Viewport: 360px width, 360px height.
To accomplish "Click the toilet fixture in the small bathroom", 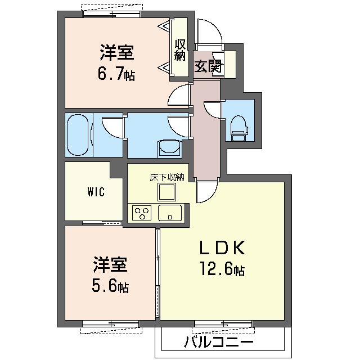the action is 239,128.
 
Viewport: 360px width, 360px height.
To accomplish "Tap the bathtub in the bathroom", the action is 78,135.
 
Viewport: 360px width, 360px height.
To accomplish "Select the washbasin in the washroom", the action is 169,148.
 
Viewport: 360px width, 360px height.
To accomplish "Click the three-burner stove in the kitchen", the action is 142,213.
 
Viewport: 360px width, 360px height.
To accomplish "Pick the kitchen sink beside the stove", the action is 170,213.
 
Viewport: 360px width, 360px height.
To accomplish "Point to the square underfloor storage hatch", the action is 166,192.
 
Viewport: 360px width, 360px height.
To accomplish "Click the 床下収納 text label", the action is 167,178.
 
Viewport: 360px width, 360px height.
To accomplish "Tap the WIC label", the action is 96,192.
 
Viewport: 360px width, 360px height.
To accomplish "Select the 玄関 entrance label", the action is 208,66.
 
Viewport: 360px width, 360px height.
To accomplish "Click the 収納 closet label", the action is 180,50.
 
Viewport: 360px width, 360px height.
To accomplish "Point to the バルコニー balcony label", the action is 219,342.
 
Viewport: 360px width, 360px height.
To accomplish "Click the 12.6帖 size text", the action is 222,268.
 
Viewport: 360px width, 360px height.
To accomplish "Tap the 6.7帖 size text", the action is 116,74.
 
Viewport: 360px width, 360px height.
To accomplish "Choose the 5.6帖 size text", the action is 110,286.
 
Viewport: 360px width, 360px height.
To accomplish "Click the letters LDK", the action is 223,248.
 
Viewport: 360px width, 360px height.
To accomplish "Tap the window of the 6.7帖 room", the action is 111,14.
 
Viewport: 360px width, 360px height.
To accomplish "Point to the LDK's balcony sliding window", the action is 224,323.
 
